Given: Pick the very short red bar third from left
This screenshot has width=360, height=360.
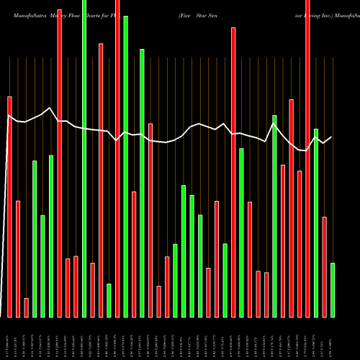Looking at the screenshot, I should (x=27, y=307).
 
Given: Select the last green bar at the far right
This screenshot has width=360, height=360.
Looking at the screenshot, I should (x=333, y=289).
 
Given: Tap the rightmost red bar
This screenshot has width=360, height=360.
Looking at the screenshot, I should (x=325, y=266).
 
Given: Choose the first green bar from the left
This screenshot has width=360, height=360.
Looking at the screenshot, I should (x=35, y=238).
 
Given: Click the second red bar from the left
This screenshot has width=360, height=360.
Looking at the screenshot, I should (x=18, y=258).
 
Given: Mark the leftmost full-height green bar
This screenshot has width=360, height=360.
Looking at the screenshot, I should (x=84, y=158).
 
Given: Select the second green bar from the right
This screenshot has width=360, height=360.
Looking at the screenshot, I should (x=316, y=222).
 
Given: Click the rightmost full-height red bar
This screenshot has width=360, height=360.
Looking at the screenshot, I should (x=308, y=158).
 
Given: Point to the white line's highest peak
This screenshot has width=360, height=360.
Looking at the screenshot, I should (x=50, y=108).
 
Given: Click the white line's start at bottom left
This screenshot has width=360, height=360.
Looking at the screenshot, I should (x=2, y=302).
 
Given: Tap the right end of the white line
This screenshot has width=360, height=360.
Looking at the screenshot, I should (x=332, y=137).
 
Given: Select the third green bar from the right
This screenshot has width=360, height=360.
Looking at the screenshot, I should (x=274, y=216).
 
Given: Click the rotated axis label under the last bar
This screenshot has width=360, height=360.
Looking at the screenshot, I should (x=333, y=338).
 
